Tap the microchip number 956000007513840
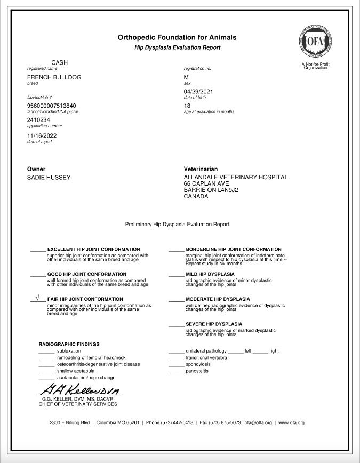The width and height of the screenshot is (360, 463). point(51,106)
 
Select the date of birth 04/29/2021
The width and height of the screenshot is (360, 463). point(198,92)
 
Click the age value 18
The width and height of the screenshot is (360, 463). point(187,106)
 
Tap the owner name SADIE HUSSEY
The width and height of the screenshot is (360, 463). point(49,177)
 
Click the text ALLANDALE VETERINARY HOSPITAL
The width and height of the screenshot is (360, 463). point(235,177)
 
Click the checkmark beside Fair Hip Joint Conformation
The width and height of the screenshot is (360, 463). point(37,299)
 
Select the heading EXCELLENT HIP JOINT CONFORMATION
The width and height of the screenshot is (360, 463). point(94,249)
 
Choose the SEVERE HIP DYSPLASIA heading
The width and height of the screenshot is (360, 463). point(213,324)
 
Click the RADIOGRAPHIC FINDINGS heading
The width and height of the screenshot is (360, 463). point(69,344)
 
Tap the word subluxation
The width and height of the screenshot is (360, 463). point(69,351)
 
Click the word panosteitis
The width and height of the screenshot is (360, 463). point(197,371)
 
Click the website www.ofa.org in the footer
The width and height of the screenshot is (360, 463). point(291,422)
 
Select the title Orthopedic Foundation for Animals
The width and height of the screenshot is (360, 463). point(177,38)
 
